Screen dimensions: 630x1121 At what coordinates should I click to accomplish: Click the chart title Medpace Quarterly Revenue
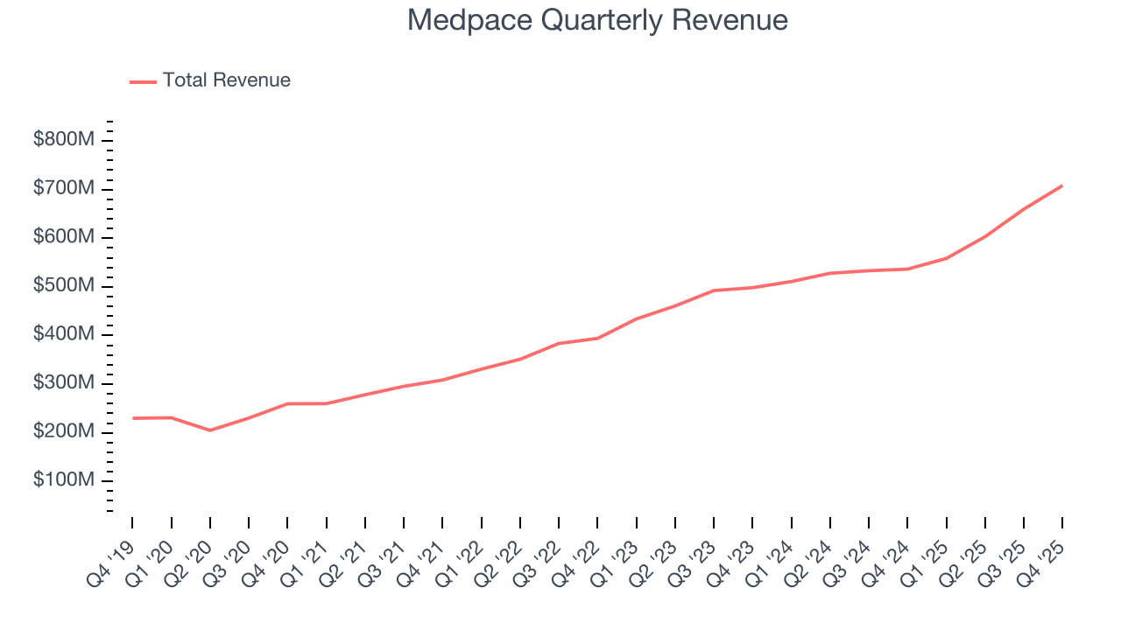click(597, 20)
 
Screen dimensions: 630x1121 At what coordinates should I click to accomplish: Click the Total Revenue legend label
click(226, 80)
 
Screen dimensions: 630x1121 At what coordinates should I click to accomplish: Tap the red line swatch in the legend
click(143, 81)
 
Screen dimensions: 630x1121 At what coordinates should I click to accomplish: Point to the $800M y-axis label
click(63, 140)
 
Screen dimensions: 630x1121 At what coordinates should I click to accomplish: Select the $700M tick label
click(63, 189)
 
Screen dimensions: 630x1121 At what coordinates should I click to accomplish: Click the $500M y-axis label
click(63, 286)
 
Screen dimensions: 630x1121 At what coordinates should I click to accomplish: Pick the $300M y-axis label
click(63, 383)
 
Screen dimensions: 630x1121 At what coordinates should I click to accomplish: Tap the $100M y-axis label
click(63, 480)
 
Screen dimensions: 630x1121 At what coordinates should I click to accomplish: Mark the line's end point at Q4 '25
click(1062, 185)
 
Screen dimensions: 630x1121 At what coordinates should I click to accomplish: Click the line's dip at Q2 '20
click(210, 430)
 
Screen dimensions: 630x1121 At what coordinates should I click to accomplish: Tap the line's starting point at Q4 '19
click(133, 418)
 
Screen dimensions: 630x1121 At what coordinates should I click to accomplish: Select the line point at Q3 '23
click(714, 290)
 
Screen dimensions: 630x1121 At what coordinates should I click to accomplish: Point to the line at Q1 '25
click(946, 258)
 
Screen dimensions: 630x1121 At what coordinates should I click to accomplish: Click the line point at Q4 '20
click(287, 403)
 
